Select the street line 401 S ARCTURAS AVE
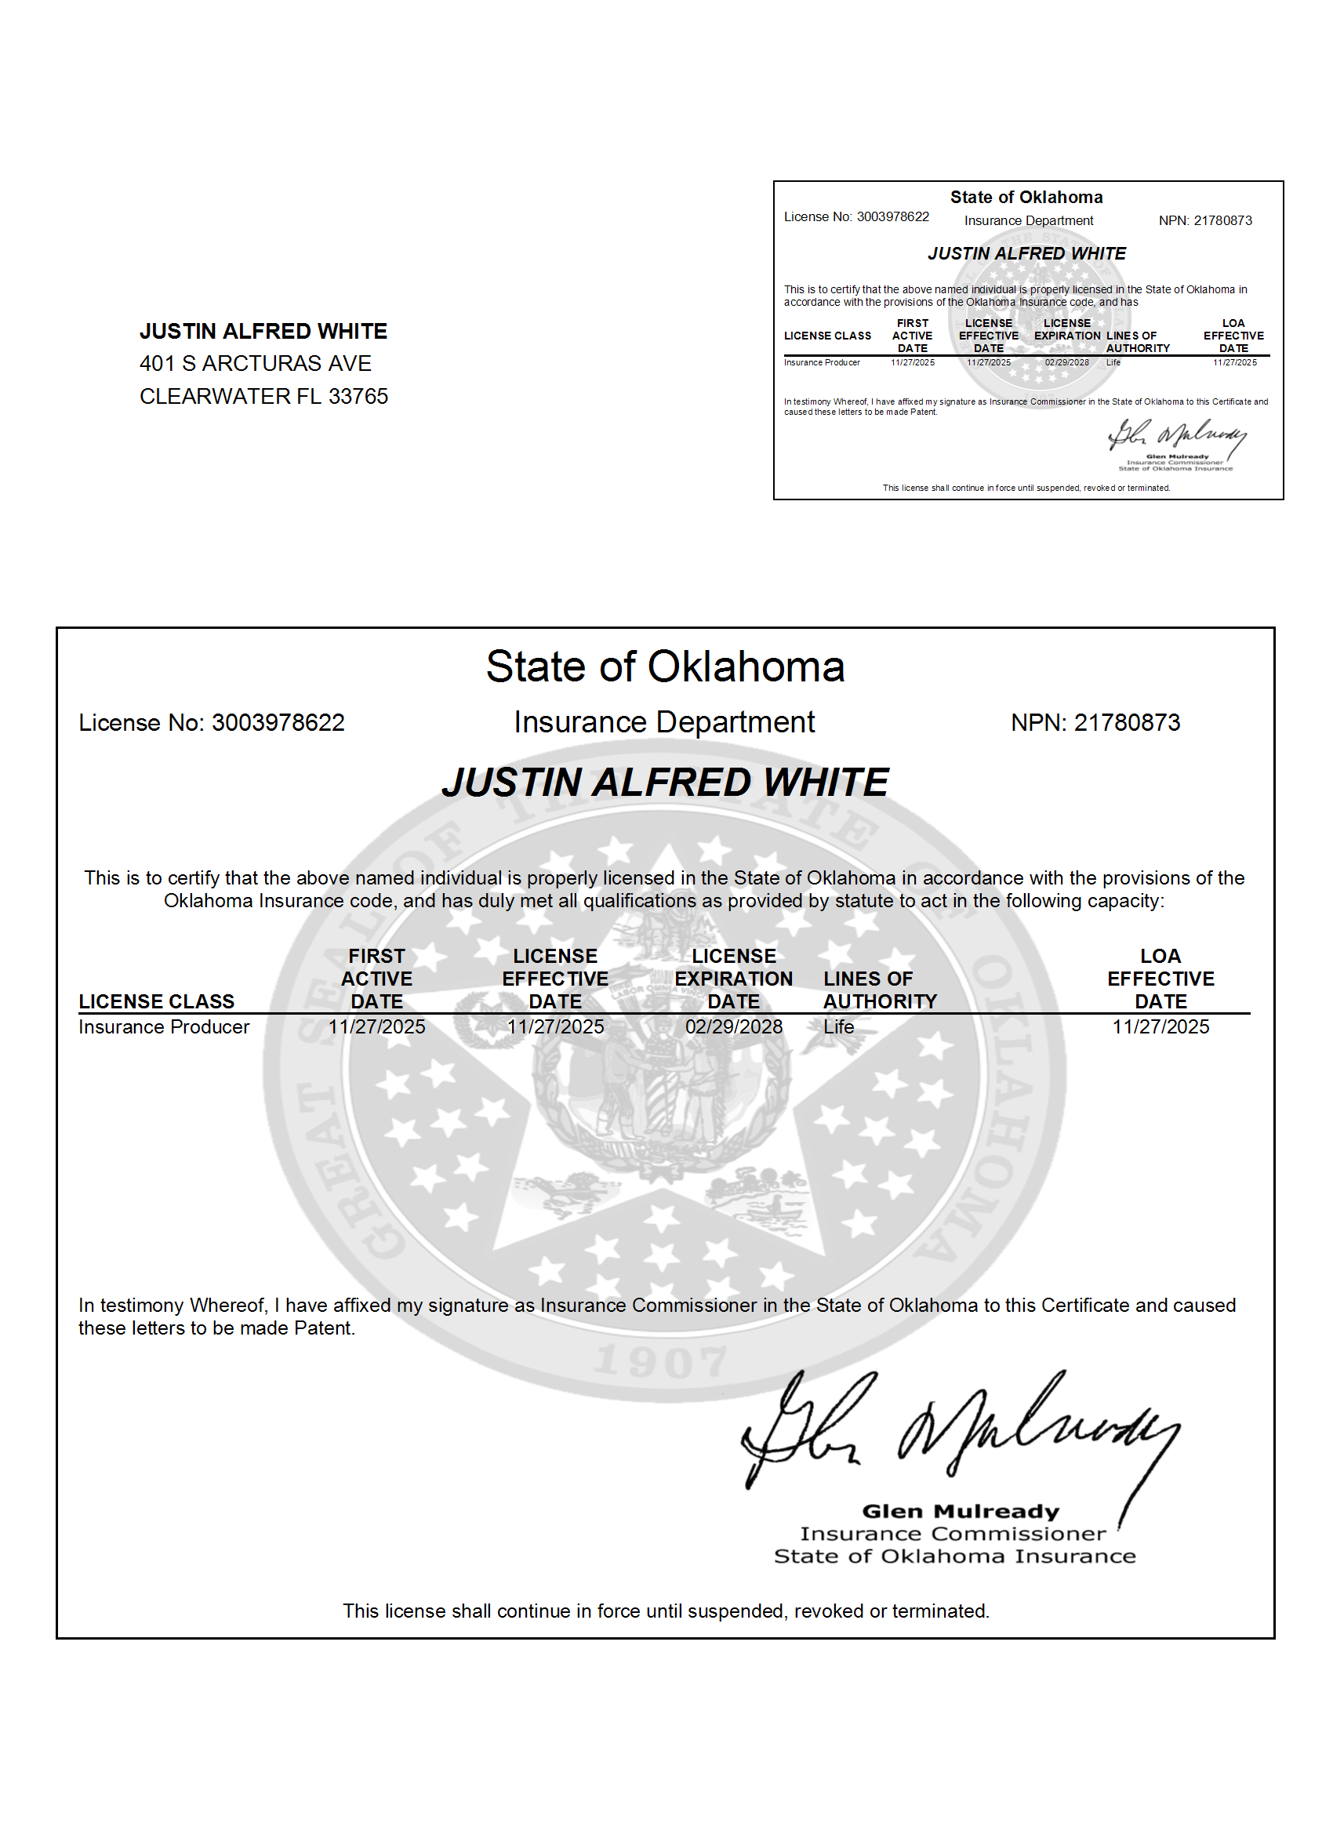click(x=255, y=364)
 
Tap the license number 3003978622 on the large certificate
click(x=278, y=722)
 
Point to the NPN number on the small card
click(x=1222, y=220)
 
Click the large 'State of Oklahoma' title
click(x=665, y=667)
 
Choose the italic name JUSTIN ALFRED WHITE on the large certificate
click(x=665, y=782)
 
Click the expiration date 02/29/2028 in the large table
click(x=733, y=1026)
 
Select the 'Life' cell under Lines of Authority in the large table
click(x=838, y=1026)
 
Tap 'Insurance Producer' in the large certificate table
click(x=164, y=1026)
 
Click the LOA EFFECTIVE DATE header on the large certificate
click(x=1160, y=979)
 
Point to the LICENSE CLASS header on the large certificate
click(x=157, y=1001)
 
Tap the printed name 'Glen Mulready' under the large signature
click(x=961, y=1512)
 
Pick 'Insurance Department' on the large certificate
click(x=664, y=722)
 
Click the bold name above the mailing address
click(x=263, y=331)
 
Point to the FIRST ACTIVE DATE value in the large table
click(x=377, y=1026)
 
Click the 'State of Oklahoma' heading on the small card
click(x=1026, y=198)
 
